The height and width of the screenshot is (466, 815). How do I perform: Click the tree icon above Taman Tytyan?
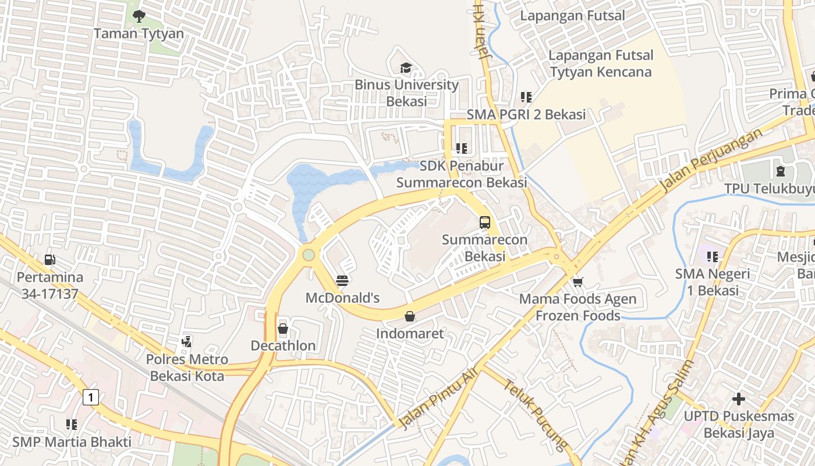(x=139, y=16)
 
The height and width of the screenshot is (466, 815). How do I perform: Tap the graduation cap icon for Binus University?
(x=406, y=68)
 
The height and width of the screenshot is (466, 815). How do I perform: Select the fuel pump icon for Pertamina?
(x=50, y=260)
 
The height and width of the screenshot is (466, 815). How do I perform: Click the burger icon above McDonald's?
(x=342, y=281)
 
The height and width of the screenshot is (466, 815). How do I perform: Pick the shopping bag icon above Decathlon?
(x=283, y=329)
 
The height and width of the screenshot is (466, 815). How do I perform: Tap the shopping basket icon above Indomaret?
(x=410, y=316)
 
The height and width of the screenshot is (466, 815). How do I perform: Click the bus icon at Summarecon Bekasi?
(x=484, y=222)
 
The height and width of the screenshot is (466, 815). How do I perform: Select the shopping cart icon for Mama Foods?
(x=577, y=283)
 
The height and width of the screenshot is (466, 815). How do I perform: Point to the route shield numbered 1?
(x=90, y=397)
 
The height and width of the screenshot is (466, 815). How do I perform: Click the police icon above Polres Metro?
(x=186, y=341)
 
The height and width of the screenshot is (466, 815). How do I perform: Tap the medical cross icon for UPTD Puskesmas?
(x=738, y=399)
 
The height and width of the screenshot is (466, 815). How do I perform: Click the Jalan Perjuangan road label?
(x=711, y=160)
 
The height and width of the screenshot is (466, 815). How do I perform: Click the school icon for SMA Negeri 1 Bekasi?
(x=712, y=256)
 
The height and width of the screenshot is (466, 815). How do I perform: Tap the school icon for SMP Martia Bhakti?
(x=72, y=425)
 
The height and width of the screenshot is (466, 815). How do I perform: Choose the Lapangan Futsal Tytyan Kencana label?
(x=601, y=63)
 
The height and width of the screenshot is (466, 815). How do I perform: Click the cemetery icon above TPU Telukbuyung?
(x=780, y=171)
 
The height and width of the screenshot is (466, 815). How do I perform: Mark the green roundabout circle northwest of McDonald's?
(x=309, y=255)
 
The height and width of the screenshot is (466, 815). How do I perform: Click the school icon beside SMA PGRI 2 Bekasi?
(x=526, y=97)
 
